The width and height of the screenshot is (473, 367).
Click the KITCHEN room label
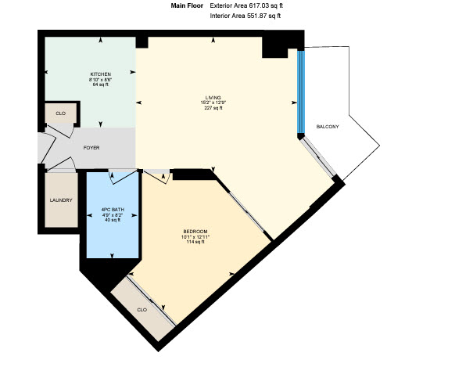click(x=101, y=74)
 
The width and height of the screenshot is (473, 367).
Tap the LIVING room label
click(x=213, y=98)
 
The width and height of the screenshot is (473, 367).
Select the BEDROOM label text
click(x=195, y=232)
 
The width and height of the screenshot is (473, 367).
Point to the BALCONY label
click(x=328, y=127)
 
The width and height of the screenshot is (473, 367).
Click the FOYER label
click(x=91, y=148)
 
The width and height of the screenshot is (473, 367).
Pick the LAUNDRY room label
click(x=61, y=200)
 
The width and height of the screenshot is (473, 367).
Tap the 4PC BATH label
click(x=113, y=210)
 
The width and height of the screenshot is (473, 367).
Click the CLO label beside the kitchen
click(x=61, y=113)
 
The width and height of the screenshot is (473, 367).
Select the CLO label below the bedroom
click(x=142, y=310)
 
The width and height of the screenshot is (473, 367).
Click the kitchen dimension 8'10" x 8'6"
click(x=100, y=80)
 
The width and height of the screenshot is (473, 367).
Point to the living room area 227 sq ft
click(x=213, y=108)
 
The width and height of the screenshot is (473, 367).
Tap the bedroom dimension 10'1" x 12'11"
click(x=195, y=237)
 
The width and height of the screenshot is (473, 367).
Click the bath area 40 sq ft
click(x=113, y=220)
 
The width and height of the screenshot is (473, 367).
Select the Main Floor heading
click(x=187, y=5)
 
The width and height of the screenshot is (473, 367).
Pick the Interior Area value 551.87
click(x=256, y=16)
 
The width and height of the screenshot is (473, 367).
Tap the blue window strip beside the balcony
click(x=301, y=92)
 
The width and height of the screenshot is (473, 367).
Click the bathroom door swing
click(x=122, y=178)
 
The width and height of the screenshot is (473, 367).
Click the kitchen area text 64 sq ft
click(x=100, y=85)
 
